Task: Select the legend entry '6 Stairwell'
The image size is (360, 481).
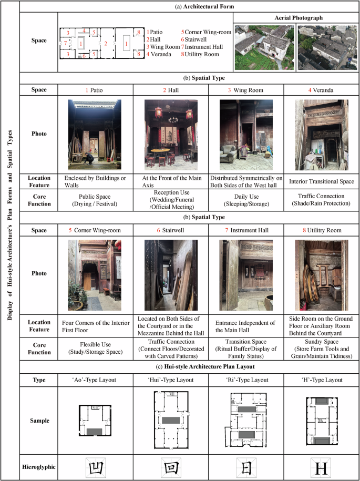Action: pos(196,39)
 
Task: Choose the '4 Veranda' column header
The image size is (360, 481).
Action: pos(321,90)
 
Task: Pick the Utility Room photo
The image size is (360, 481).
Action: pos(321,274)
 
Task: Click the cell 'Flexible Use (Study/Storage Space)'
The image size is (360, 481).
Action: pos(96,346)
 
